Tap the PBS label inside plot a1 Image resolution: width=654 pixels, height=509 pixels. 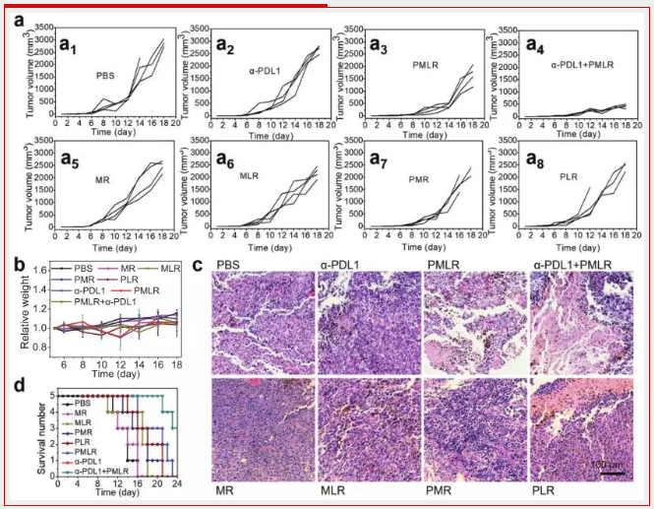click(106, 75)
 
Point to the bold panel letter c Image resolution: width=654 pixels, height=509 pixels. click(200, 266)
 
